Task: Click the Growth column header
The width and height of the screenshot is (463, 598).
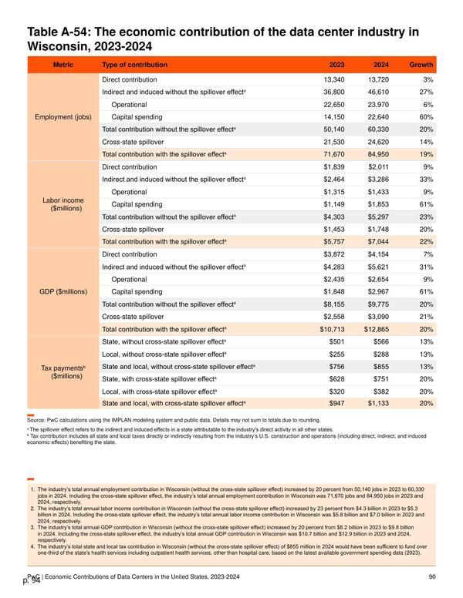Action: pyautogui.click(x=421, y=65)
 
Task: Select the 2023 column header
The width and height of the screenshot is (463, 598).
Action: pyautogui.click(x=336, y=65)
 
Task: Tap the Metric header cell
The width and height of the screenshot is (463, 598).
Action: pyautogui.click(x=63, y=65)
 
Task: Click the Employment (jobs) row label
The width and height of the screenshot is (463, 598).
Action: pyautogui.click(x=63, y=117)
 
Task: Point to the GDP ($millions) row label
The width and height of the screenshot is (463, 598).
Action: pyautogui.click(x=63, y=292)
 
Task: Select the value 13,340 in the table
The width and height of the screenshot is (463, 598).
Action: pyautogui.click(x=334, y=79)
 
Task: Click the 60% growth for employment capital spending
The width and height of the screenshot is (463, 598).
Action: pyautogui.click(x=426, y=117)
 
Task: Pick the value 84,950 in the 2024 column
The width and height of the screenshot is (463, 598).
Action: pyautogui.click(x=378, y=154)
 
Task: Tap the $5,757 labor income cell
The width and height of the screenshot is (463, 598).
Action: pyautogui.click(x=334, y=242)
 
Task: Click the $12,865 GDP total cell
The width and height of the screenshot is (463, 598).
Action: pyautogui.click(x=377, y=329)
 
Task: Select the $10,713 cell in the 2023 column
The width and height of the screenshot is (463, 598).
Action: pyautogui.click(x=332, y=329)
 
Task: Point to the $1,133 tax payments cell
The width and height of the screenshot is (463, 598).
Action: pyautogui.click(x=378, y=403)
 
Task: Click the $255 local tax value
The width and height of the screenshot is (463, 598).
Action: pyautogui.click(x=336, y=354)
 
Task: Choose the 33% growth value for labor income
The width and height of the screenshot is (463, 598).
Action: pyautogui.click(x=426, y=180)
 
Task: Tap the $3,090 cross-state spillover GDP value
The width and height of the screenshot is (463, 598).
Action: pyautogui.click(x=378, y=317)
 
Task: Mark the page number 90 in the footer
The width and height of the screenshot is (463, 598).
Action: pyautogui.click(x=432, y=576)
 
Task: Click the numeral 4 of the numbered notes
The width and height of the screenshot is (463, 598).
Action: pyautogui.click(x=32, y=546)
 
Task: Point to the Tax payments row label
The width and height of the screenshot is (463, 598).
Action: pyautogui.click(x=63, y=372)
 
